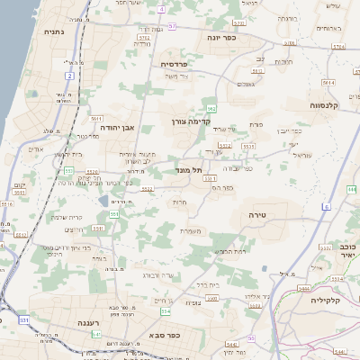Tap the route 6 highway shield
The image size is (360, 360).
tap(326, 207)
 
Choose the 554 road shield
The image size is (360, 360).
tap(165, 311)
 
